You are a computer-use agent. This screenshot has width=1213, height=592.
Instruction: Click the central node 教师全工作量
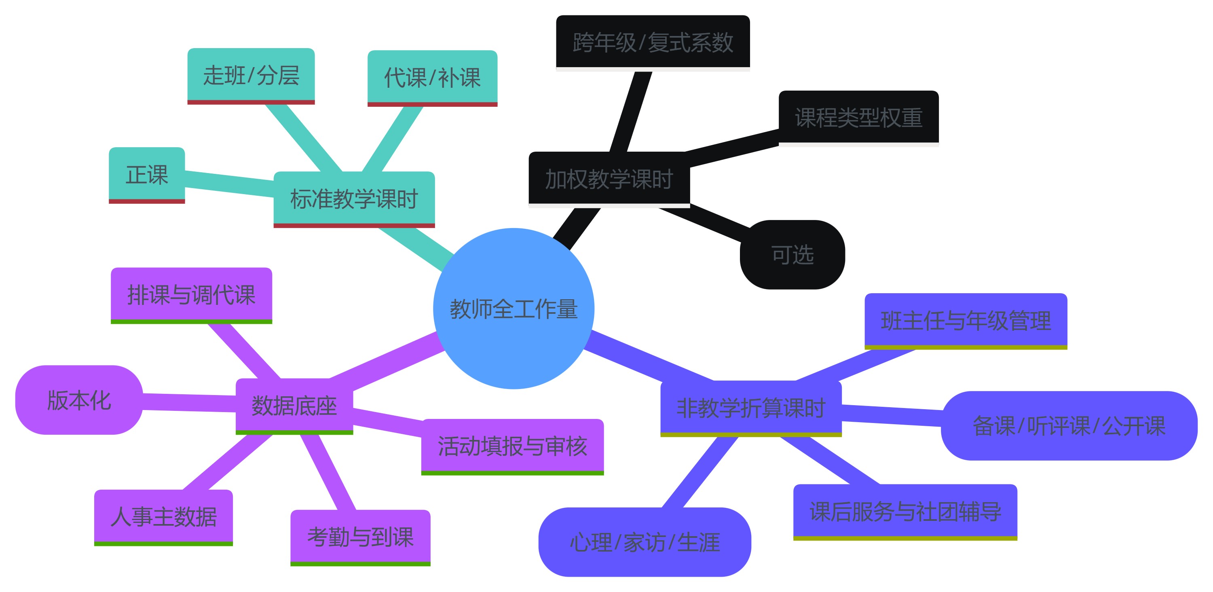pyautogui.click(x=513, y=309)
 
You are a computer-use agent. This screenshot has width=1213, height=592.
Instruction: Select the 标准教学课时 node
pyautogui.click(x=354, y=198)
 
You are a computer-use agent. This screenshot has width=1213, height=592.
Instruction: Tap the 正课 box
pyautogui.click(x=146, y=174)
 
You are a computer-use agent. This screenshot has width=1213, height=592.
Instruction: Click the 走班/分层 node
pyautogui.click(x=251, y=75)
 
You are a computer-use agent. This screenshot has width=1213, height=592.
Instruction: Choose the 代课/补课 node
pyautogui.click(x=432, y=77)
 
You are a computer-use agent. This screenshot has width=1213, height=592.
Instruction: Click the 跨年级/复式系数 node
pyautogui.click(x=653, y=42)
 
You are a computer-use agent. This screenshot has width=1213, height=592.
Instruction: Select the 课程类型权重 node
pyautogui.click(x=858, y=117)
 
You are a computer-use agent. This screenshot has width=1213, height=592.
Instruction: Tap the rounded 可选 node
pyautogui.click(x=792, y=254)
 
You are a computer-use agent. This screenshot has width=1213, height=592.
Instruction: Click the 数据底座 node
pyautogui.click(x=294, y=406)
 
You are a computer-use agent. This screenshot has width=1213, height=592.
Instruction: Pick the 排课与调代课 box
pyautogui.click(x=191, y=295)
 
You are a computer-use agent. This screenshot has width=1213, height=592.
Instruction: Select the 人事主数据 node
pyautogui.click(x=163, y=517)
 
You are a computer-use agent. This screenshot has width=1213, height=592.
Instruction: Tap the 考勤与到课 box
pyautogui.click(x=360, y=537)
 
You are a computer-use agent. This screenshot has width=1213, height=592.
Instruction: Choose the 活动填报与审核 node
pyautogui.click(x=512, y=446)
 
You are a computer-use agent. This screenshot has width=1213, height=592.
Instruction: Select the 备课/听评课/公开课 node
pyautogui.click(x=1069, y=425)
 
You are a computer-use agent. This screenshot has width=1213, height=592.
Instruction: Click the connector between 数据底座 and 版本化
pyautogui.click(x=189, y=403)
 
